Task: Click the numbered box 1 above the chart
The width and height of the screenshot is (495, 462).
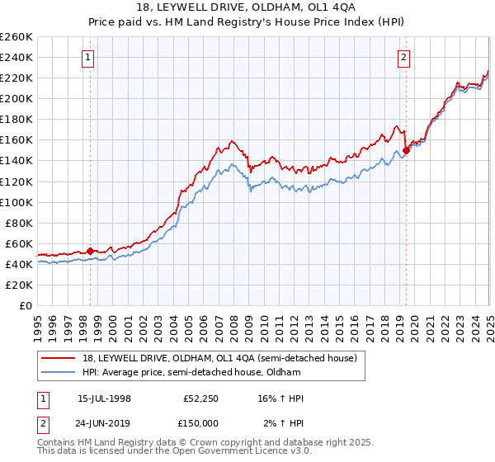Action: click(x=88, y=57)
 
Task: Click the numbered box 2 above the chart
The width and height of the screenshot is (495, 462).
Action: click(x=404, y=57)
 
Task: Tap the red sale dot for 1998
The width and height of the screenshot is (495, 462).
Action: click(x=90, y=251)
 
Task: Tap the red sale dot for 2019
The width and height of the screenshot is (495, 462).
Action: click(x=406, y=150)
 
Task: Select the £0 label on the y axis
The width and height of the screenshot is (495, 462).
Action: click(x=26, y=305)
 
